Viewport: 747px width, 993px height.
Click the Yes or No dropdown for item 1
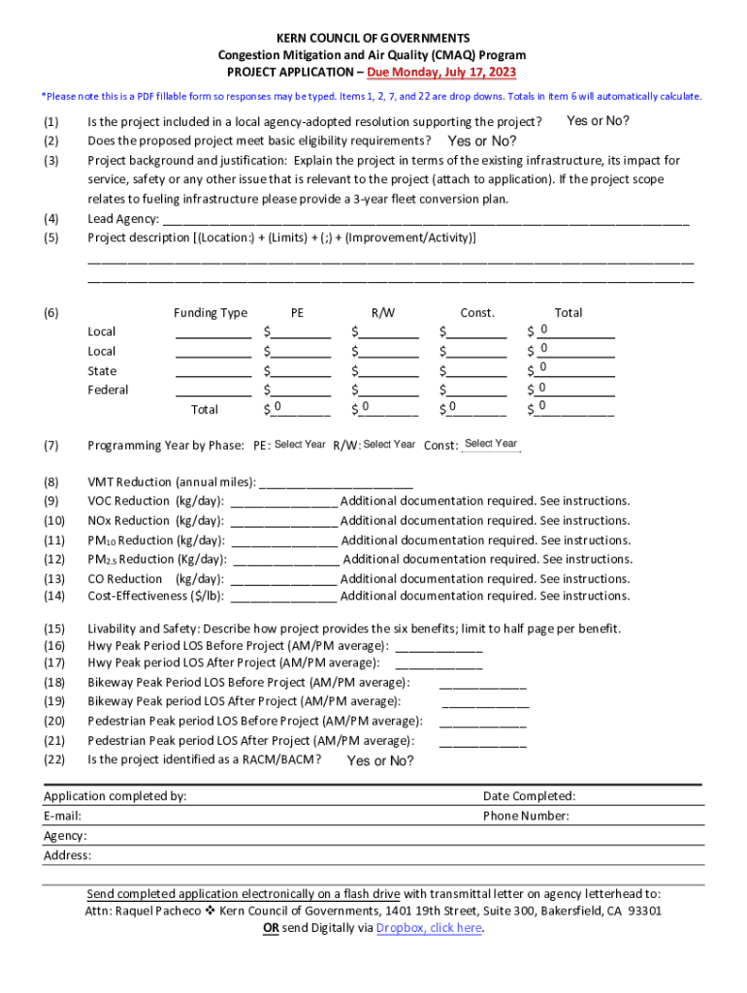click(598, 121)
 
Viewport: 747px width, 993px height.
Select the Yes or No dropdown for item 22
click(380, 761)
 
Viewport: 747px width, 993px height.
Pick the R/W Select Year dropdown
click(389, 445)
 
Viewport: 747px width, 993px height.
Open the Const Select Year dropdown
click(491, 444)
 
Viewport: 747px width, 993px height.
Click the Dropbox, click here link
click(429, 928)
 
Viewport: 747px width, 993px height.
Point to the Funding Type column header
click(211, 312)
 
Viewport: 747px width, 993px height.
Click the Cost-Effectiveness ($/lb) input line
click(285, 596)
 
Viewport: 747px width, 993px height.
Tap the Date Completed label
click(529, 796)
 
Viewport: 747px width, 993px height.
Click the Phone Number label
click(526, 817)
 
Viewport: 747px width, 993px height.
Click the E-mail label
click(62, 817)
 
